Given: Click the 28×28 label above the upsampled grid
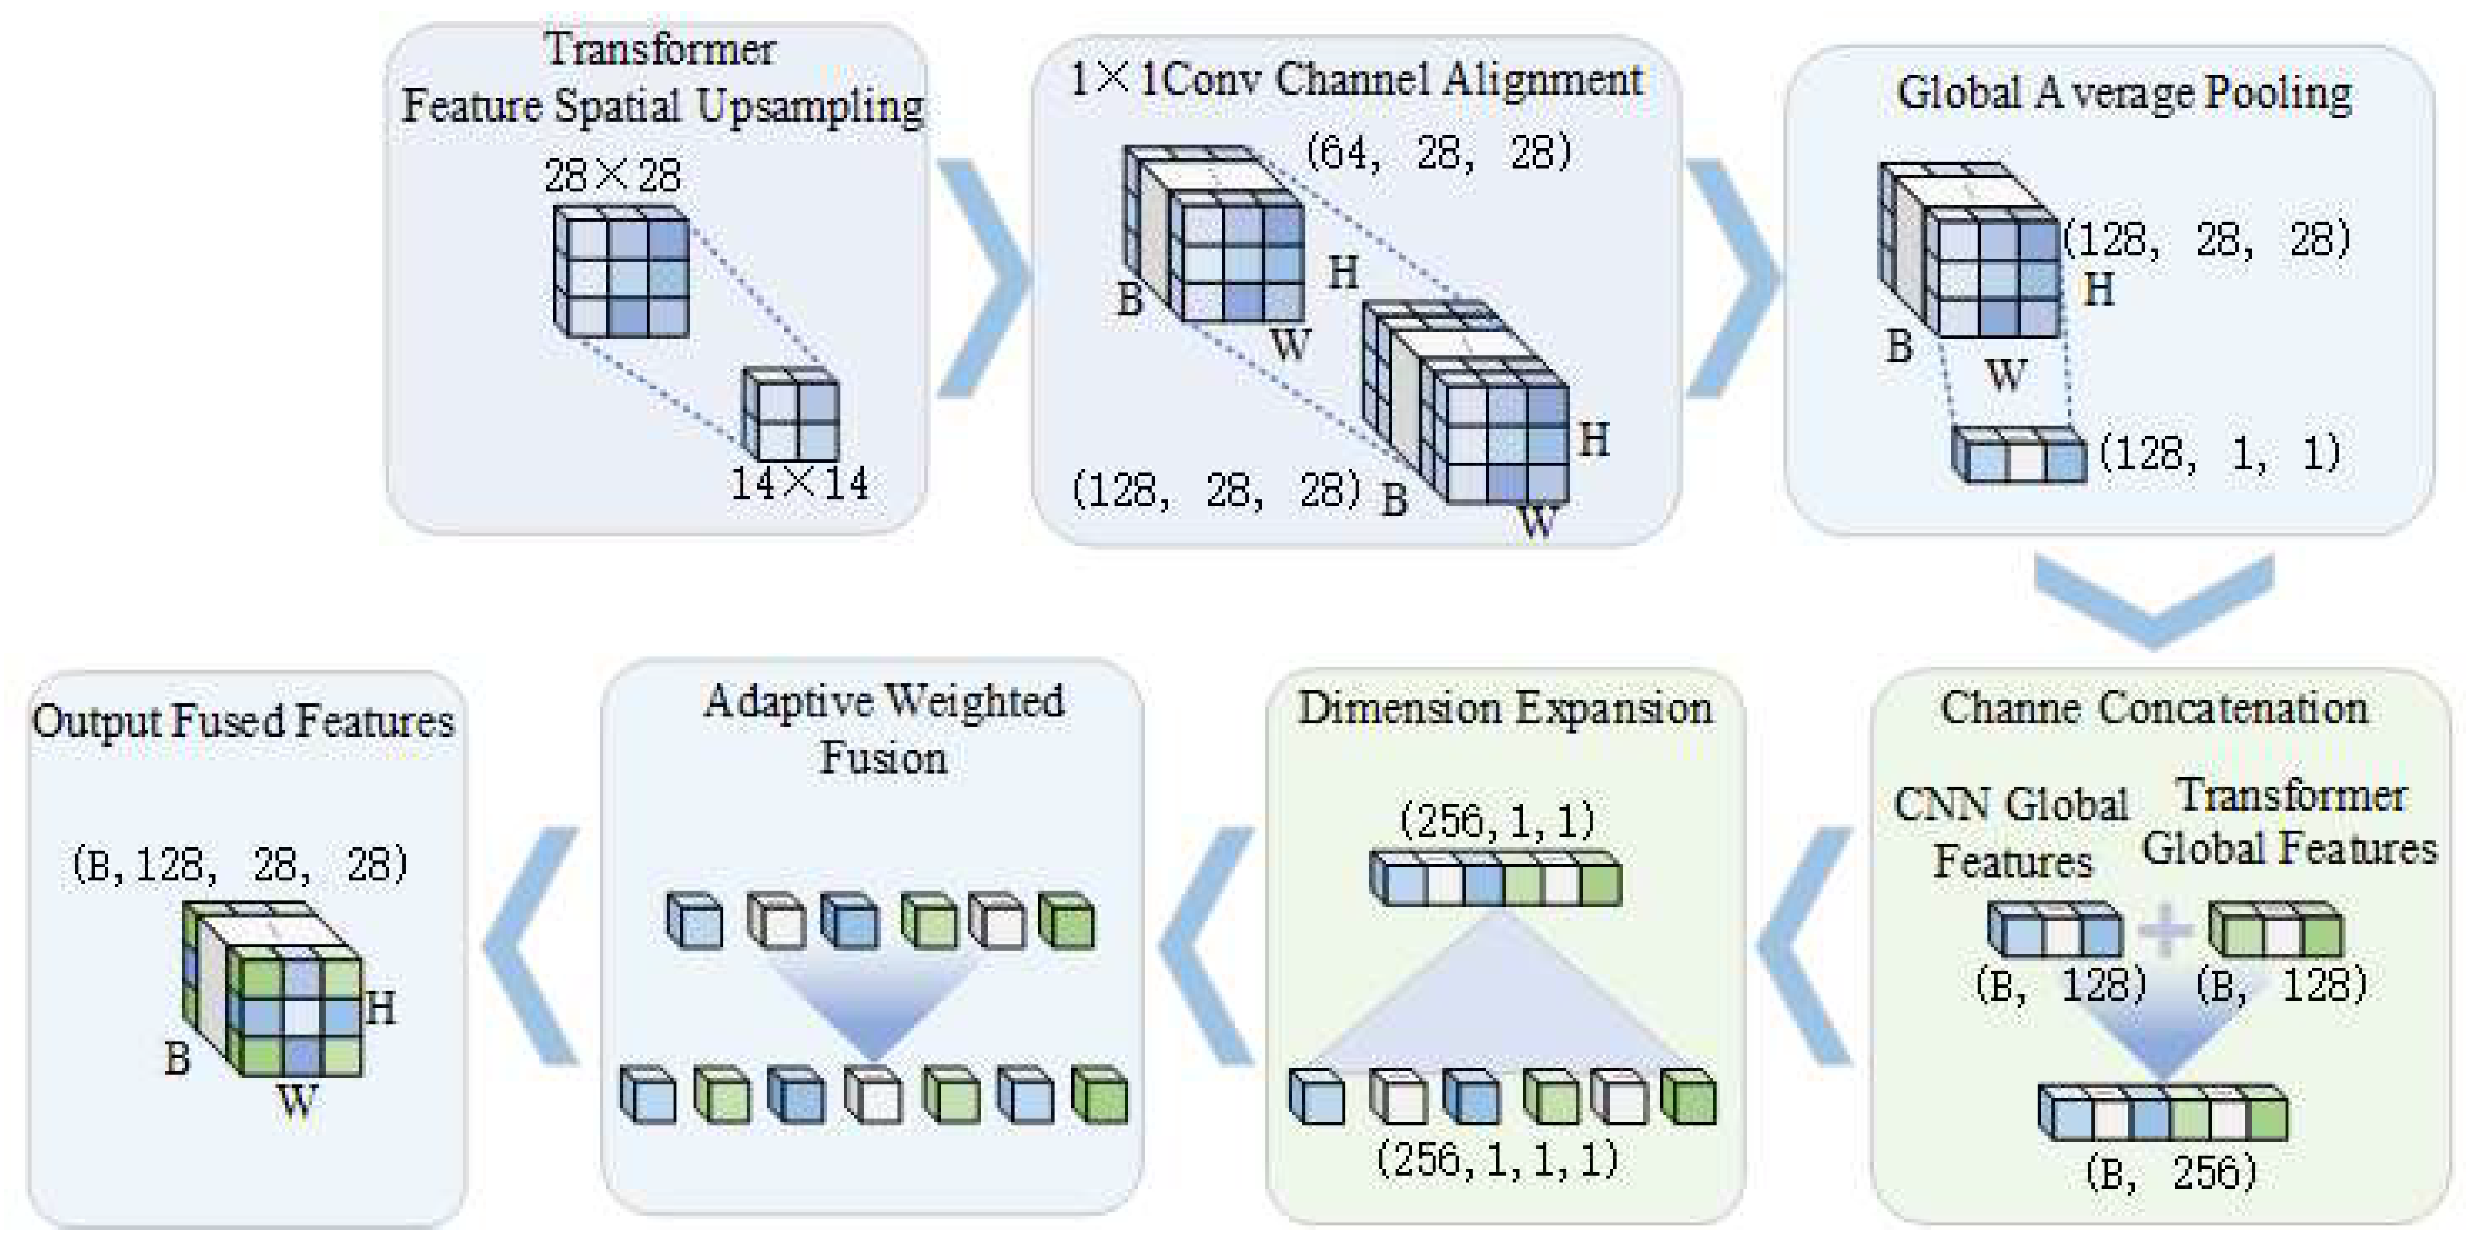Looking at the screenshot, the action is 613,175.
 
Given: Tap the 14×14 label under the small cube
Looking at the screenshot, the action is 800,483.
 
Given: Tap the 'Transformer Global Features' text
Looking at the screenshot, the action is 2290,821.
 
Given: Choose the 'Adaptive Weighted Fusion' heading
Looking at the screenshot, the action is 883,729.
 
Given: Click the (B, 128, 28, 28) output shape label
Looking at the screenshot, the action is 240,864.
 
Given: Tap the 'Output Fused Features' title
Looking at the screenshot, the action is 242,721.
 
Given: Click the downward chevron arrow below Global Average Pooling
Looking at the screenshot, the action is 2154,599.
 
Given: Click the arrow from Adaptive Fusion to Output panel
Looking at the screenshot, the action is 531,946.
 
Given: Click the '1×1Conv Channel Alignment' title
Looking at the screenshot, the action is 1356,80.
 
